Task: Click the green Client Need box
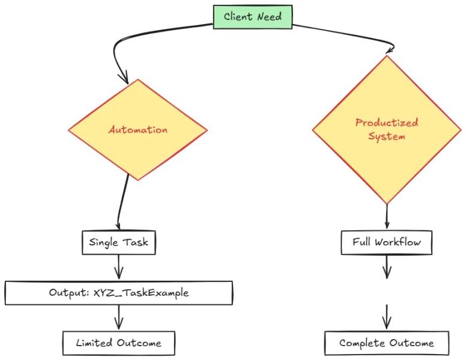pos(253,17)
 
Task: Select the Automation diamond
pos(138,129)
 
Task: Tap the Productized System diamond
pos(386,129)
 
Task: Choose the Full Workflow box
pos(386,243)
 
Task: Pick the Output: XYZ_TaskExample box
pos(118,293)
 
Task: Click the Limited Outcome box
pos(118,343)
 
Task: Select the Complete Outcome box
pos(386,343)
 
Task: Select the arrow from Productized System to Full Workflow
pos(386,216)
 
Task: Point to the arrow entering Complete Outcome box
pos(386,316)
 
